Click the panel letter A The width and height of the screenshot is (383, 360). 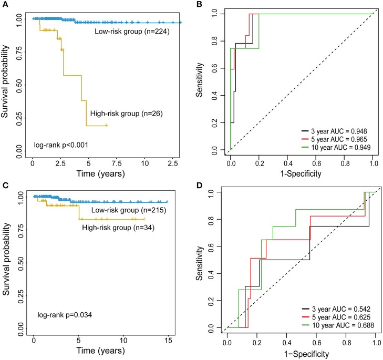coord(4,4)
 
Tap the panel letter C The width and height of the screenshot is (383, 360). coord(4,184)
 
